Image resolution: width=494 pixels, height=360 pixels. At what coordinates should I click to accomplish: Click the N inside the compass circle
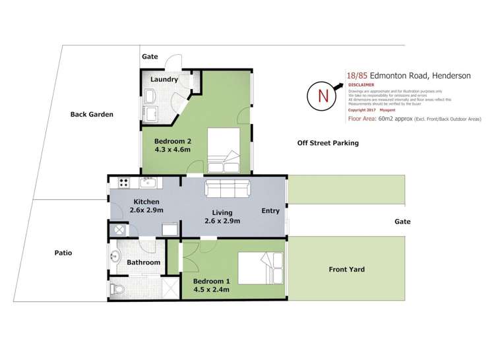(x=323, y=96)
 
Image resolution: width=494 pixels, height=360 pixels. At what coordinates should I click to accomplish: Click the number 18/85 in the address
(x=360, y=76)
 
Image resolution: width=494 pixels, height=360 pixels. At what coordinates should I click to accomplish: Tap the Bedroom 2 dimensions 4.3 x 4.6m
(x=173, y=150)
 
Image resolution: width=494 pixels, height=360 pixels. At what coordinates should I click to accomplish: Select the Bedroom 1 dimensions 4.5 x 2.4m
(x=211, y=288)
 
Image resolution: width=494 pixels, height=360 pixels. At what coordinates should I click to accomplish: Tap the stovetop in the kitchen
(x=123, y=182)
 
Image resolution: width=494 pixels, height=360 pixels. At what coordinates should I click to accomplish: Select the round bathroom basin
(x=116, y=257)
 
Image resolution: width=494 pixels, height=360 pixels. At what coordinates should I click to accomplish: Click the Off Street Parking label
(x=327, y=142)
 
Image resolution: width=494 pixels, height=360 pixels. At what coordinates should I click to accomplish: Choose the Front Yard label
(x=346, y=269)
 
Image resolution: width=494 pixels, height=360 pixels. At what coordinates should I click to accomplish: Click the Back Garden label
(x=92, y=114)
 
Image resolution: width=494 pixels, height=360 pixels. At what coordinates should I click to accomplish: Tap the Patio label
(x=63, y=253)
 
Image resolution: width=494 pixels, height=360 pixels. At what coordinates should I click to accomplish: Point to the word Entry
(x=270, y=211)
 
